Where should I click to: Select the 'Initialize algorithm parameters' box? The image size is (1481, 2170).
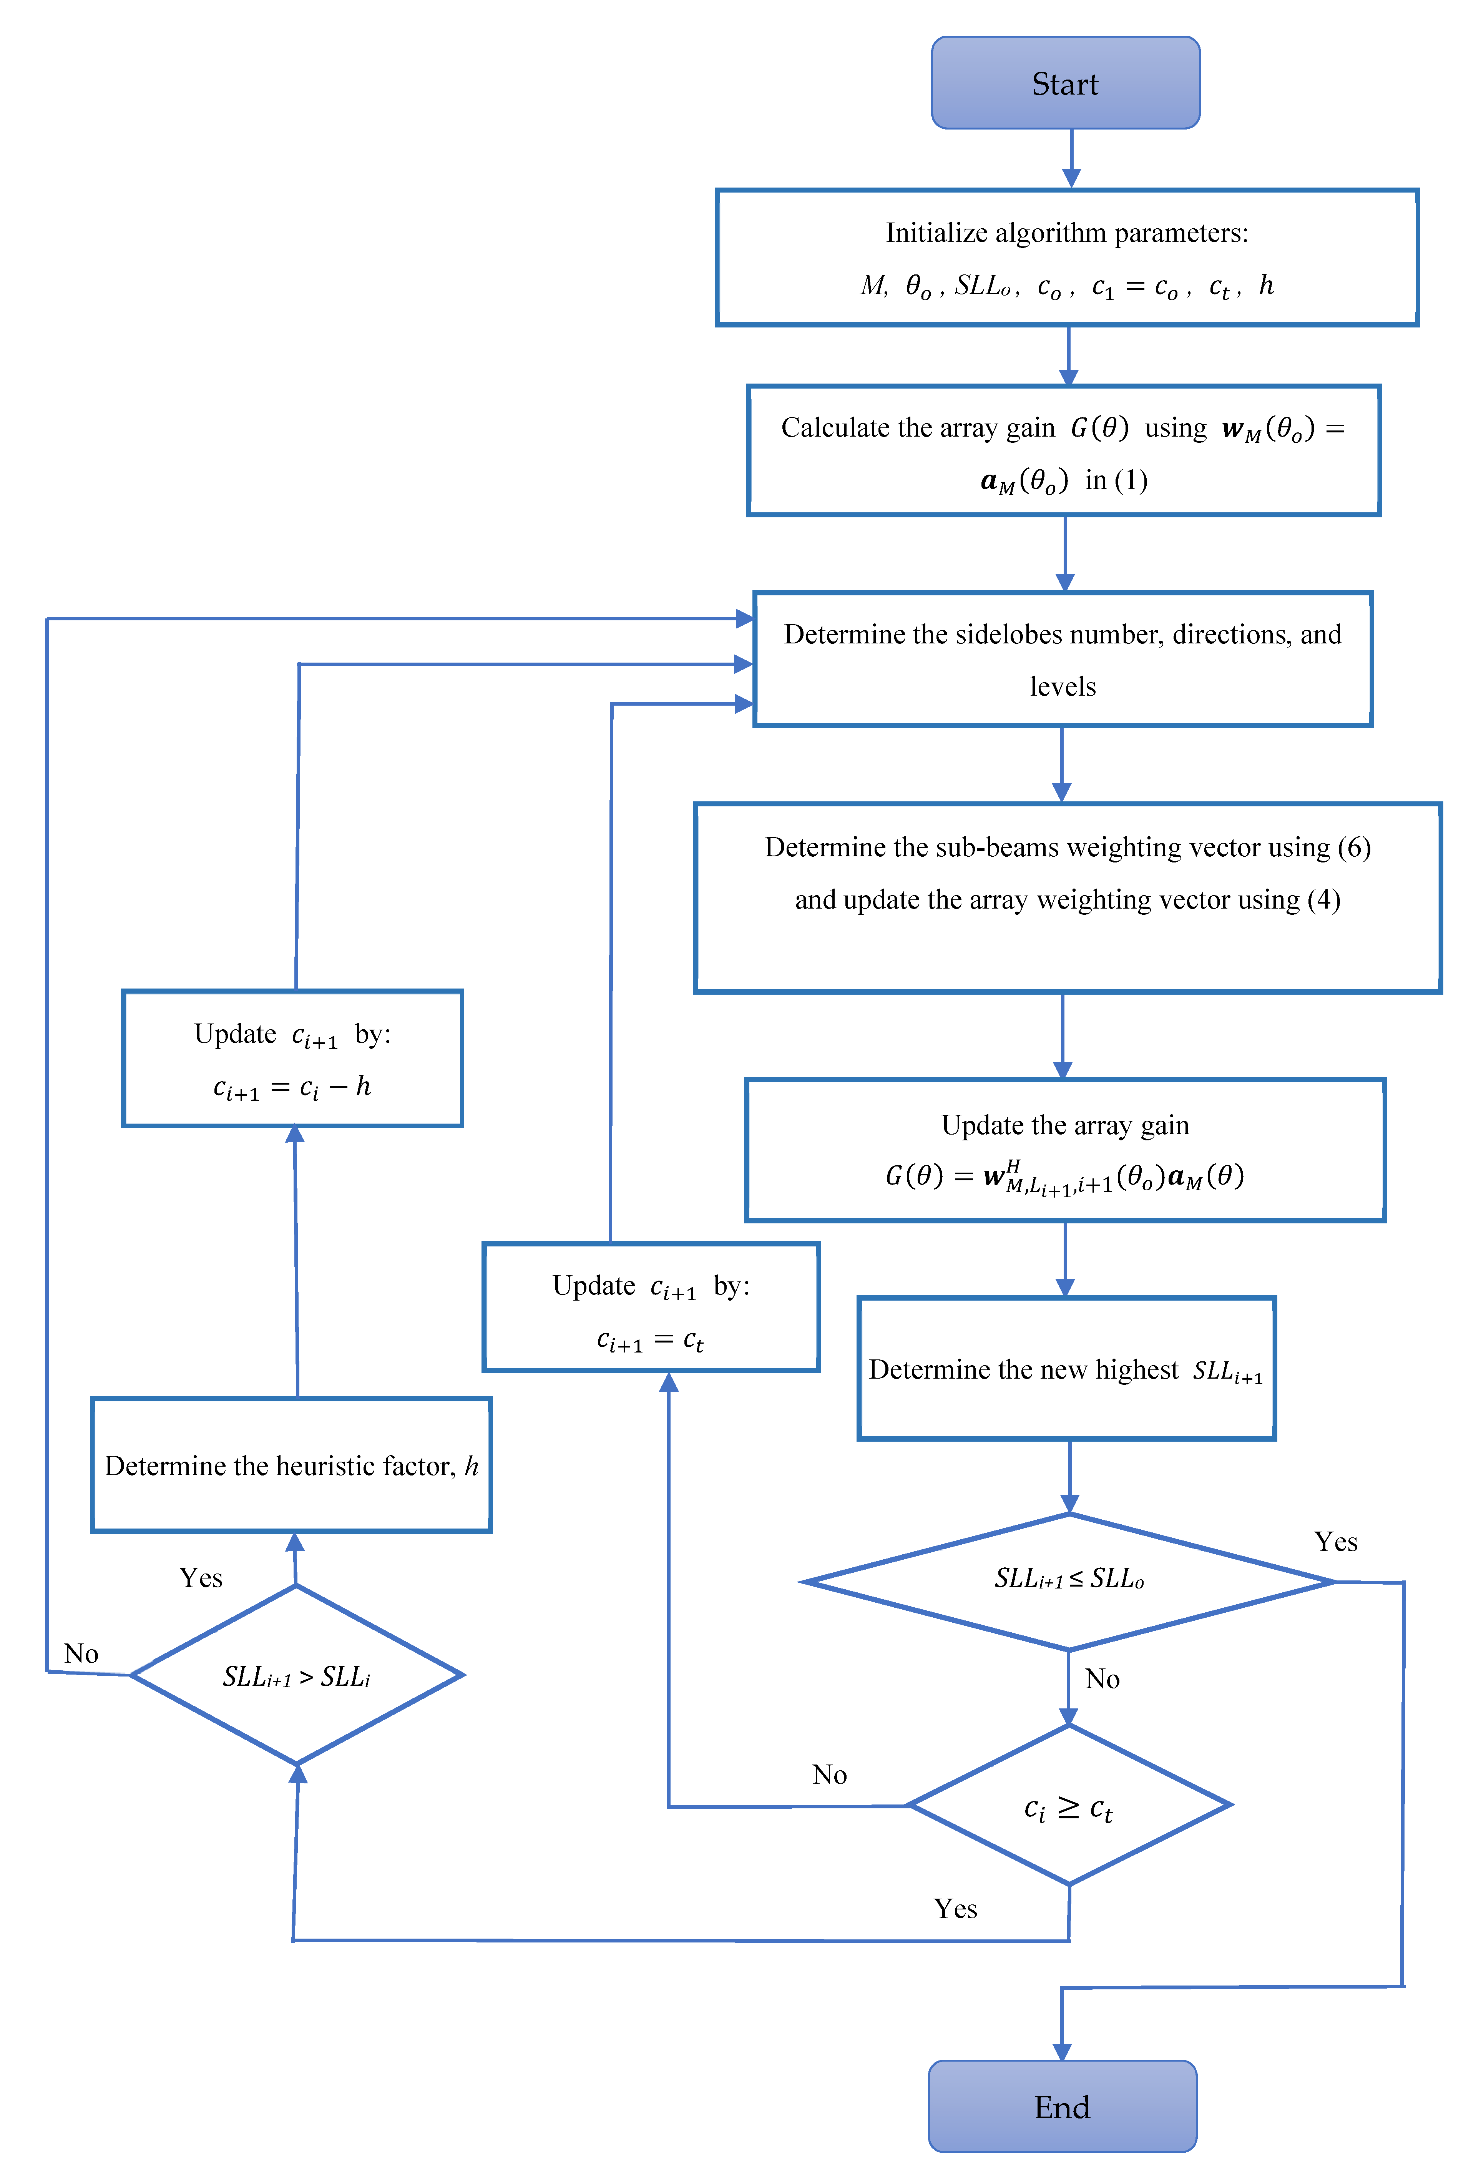(x=1066, y=258)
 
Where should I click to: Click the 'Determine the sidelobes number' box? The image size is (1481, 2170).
(x=1063, y=659)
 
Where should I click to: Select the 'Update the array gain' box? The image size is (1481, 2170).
(x=1064, y=1150)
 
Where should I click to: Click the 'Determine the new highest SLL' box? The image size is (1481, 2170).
(x=1066, y=1369)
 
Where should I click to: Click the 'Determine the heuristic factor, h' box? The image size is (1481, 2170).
(x=291, y=1465)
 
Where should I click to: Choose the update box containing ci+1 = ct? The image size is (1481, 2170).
(x=651, y=1307)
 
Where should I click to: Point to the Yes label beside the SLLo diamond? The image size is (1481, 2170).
(x=1335, y=1542)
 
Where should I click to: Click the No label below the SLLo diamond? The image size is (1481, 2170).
(x=1102, y=1679)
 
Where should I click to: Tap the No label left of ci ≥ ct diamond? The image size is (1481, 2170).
(x=829, y=1774)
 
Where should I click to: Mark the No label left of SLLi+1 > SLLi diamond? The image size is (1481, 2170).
(x=81, y=1654)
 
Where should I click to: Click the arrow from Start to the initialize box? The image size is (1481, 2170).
(x=1071, y=159)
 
